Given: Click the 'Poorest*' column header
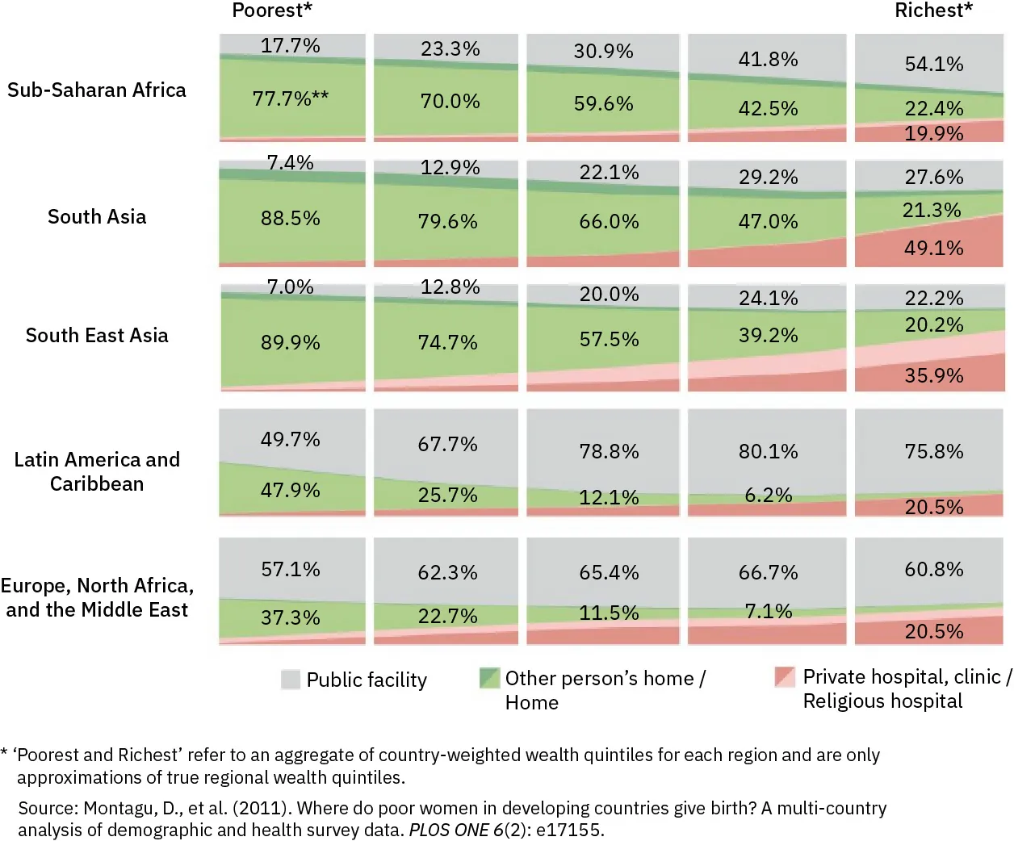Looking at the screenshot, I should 272,10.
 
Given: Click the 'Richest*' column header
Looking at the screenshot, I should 933,10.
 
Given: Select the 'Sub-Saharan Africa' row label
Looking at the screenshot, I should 97,90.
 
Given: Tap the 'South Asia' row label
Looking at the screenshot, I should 97,216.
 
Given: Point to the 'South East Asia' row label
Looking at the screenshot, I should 97,335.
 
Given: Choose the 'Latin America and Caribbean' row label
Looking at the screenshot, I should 97,471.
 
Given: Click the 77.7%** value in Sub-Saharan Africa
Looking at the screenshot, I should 291,98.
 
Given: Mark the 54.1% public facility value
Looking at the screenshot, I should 934,64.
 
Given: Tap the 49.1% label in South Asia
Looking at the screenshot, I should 934,248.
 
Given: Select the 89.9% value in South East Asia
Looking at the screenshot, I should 291,342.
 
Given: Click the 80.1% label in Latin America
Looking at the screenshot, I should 768,451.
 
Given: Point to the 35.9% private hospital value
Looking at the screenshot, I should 934,375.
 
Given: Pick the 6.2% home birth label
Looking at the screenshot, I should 768,495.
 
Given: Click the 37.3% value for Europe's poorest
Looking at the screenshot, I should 291,617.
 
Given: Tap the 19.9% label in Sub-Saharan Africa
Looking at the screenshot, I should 934,133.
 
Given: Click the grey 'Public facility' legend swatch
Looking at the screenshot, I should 291,680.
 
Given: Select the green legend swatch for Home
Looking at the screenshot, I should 489,678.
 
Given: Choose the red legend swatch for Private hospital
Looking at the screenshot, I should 784,676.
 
